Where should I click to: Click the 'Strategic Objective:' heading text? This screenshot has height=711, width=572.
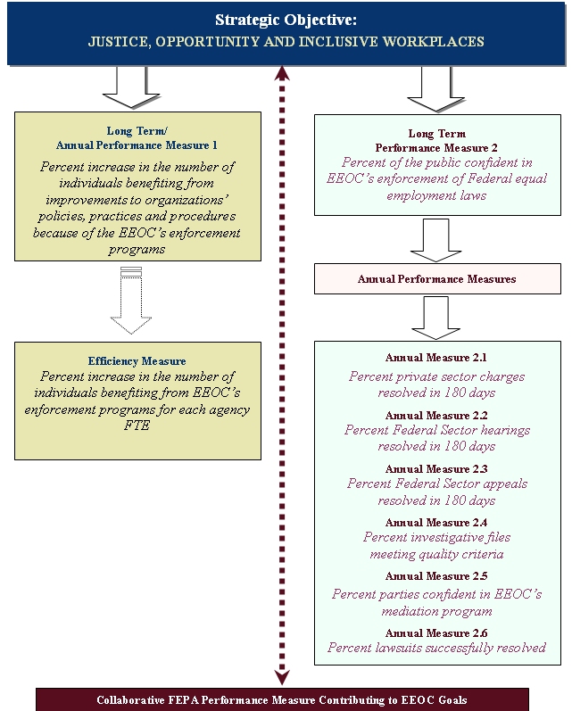286,20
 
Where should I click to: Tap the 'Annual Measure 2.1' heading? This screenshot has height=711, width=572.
436,358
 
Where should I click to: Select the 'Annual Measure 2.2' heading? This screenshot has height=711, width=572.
436,416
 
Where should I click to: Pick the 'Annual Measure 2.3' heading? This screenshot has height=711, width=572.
436,469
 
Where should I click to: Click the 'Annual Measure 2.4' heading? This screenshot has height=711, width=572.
436,523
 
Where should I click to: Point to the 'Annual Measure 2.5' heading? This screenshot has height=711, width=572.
436,576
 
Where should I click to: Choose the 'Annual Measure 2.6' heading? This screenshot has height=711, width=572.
436,633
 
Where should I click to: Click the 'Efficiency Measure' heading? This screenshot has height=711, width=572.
137,361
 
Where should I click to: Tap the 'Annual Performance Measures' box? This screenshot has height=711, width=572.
437,279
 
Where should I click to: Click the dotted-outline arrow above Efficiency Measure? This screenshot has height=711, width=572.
131,301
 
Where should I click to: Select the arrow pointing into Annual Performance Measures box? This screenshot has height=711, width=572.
436,240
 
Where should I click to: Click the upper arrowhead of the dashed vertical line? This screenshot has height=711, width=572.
282,74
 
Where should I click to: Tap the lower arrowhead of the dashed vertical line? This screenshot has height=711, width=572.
282,677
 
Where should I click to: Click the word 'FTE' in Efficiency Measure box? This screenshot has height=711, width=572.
137,426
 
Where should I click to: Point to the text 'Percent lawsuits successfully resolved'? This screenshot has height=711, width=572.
436,648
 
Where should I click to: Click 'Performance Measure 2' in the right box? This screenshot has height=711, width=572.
436,148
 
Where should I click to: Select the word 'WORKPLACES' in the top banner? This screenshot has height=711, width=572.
433,42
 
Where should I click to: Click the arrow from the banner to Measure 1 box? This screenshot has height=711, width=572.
131,87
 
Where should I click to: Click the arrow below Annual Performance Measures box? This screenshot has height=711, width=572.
436,318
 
